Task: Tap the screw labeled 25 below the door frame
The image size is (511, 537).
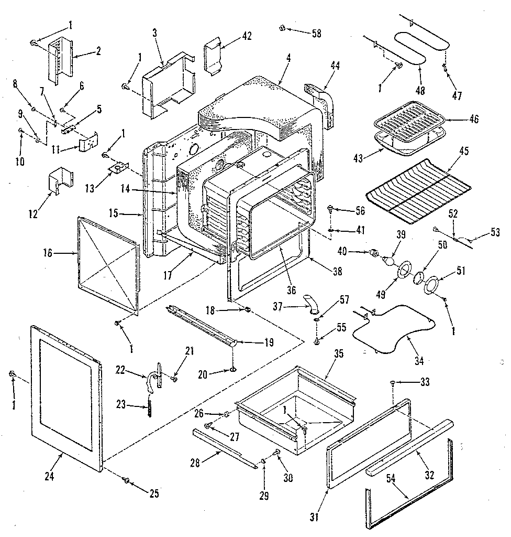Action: coord(127,480)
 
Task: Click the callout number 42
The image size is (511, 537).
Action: coord(247,36)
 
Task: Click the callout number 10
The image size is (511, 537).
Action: coord(19,163)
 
